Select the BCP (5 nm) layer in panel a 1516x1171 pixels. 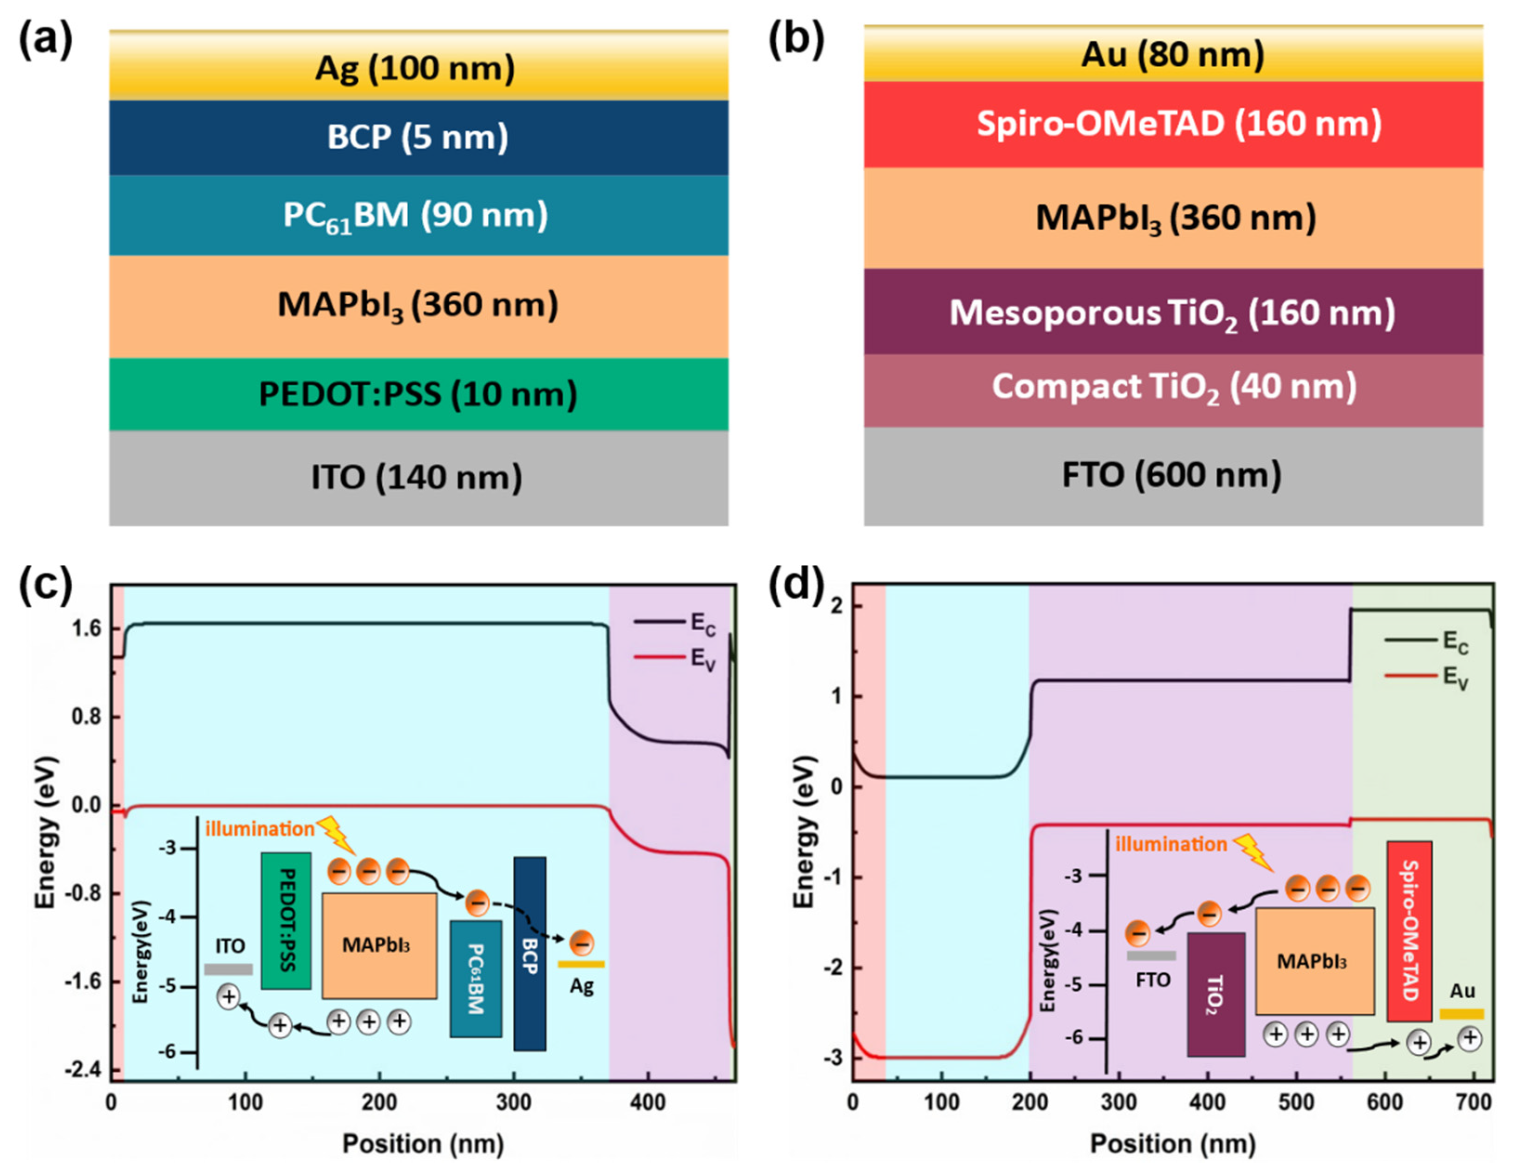418,136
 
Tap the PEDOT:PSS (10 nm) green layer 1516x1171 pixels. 418,394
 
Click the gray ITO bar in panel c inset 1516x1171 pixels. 229,969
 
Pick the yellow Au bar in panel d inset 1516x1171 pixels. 1462,1014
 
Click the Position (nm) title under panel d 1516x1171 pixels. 1173,1143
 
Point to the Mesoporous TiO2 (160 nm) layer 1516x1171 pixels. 1173,313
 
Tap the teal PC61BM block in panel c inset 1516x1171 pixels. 476,978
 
